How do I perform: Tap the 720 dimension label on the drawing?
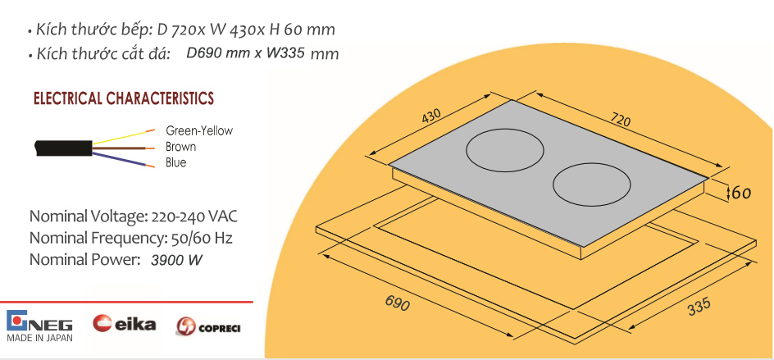pyautogui.click(x=620, y=119)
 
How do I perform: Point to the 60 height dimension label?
pyautogui.click(x=740, y=192)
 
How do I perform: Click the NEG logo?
pyautogui.click(x=39, y=321)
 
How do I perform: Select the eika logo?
pyautogui.click(x=124, y=323)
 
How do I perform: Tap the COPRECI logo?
pyautogui.click(x=207, y=327)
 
